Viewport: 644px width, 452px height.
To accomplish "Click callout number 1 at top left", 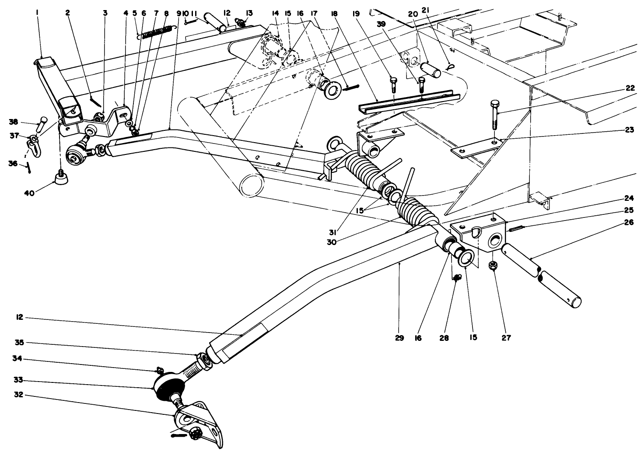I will [x=38, y=13].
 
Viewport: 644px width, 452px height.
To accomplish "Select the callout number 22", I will [x=630, y=87].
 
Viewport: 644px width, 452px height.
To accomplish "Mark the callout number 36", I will [x=13, y=163].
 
